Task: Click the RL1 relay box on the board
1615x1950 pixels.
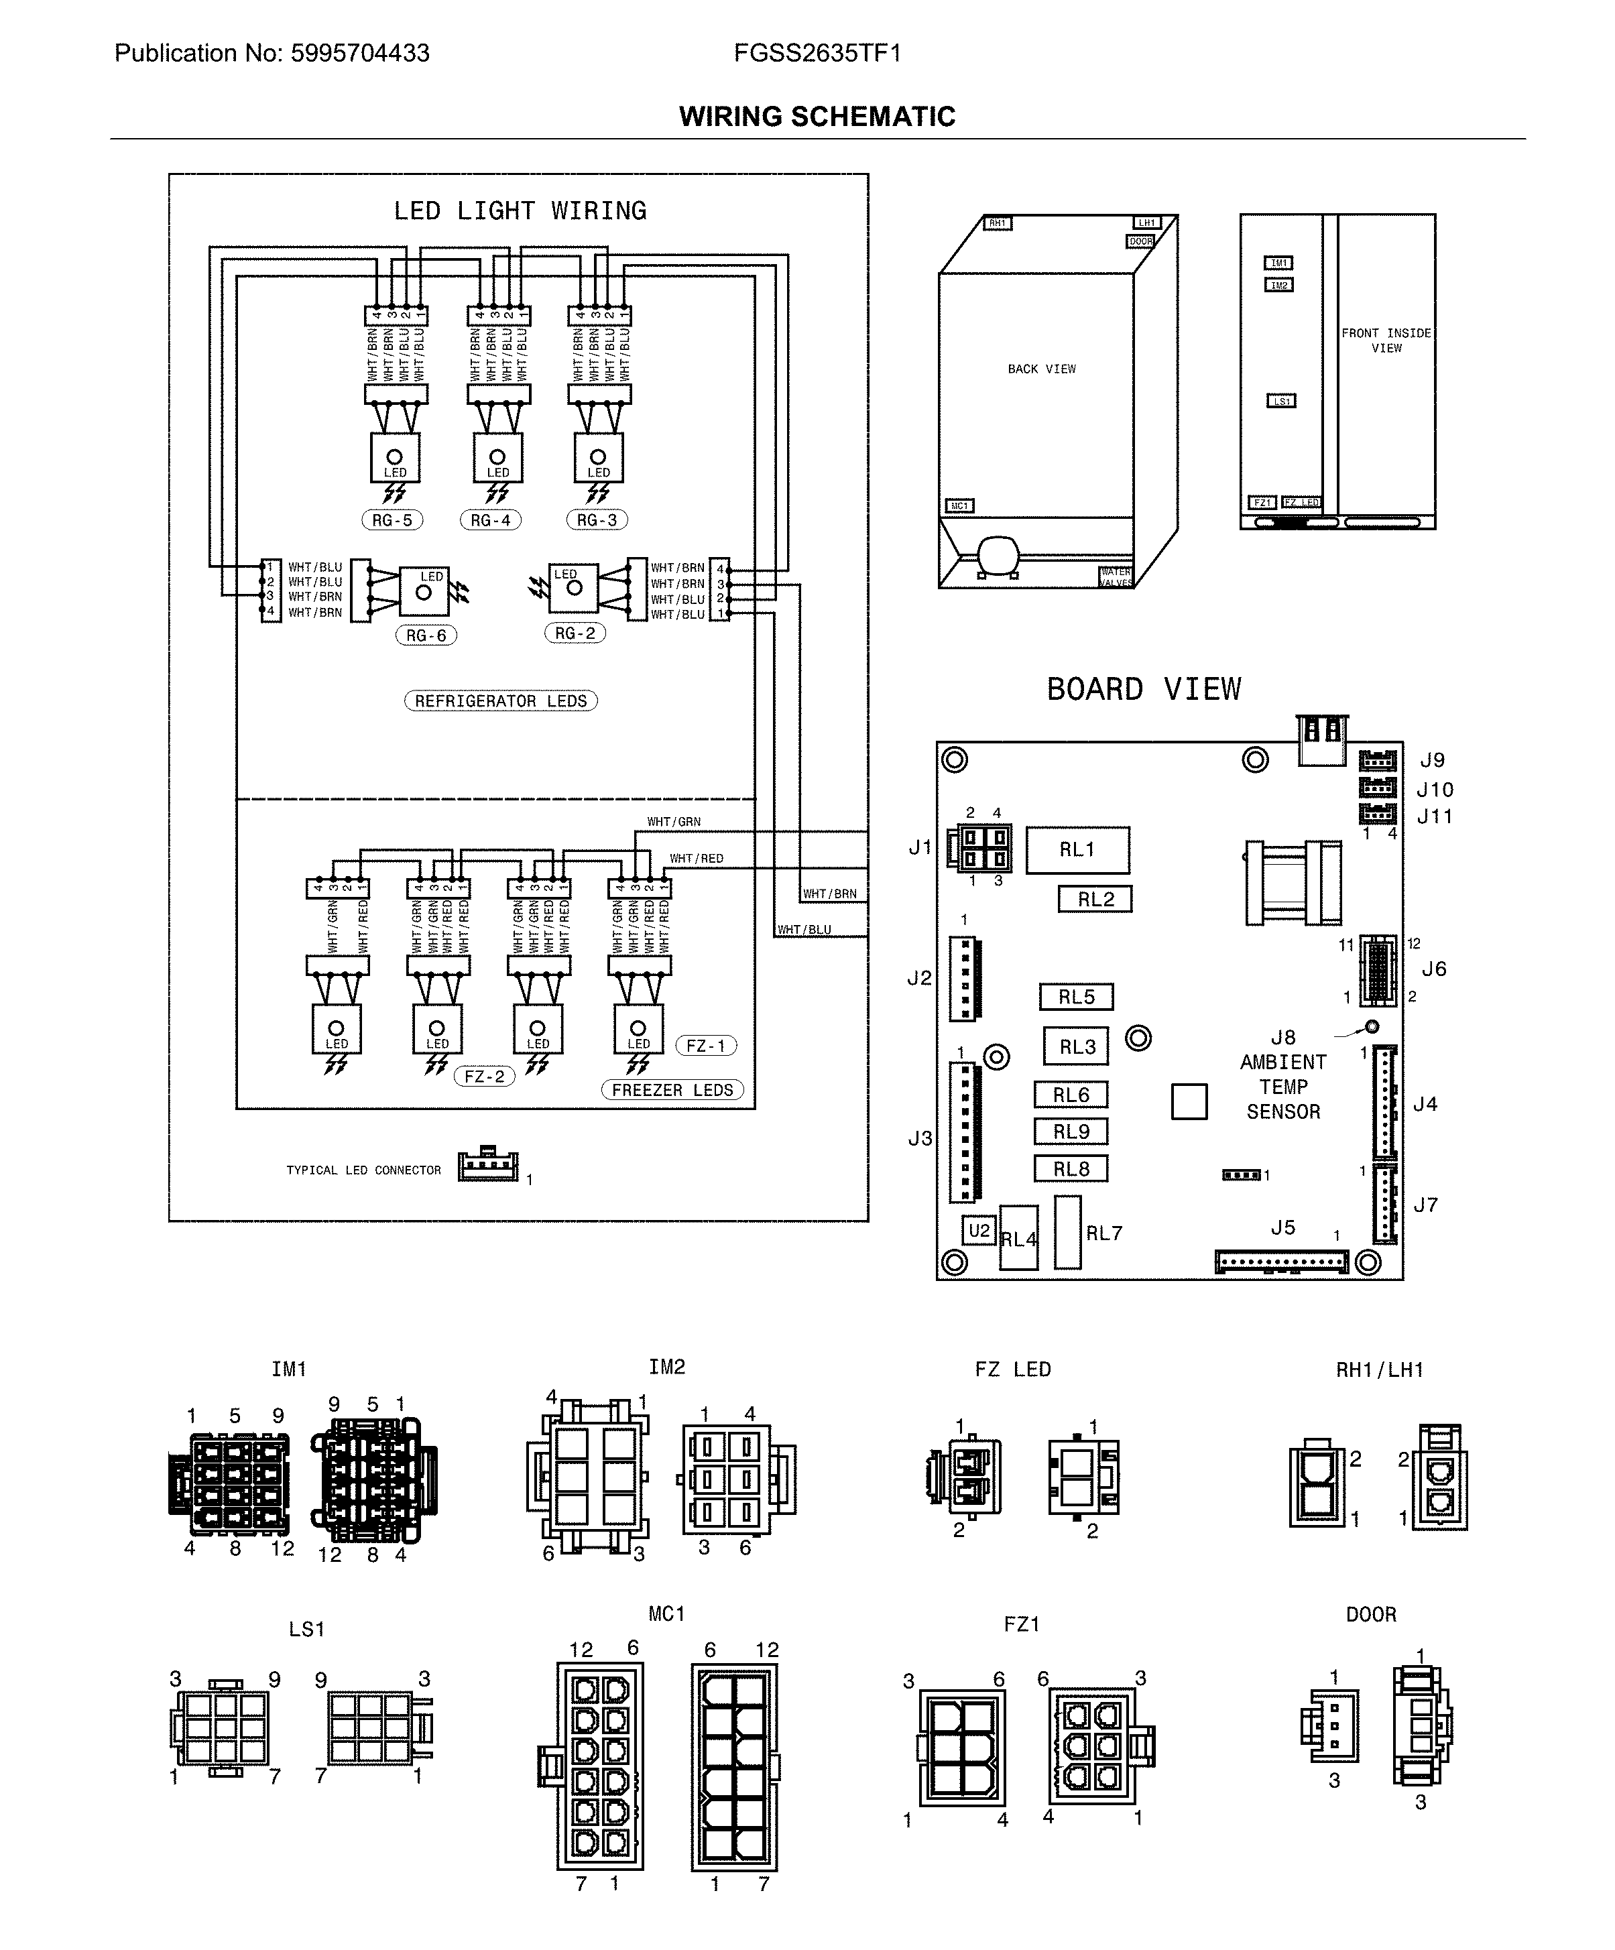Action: [1077, 849]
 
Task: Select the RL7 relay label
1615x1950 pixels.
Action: [1104, 1233]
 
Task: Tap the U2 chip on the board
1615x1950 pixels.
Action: [979, 1230]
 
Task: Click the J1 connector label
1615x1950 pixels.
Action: [919, 847]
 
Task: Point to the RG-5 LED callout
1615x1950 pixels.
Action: [392, 520]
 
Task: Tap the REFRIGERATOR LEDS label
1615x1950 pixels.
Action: [501, 701]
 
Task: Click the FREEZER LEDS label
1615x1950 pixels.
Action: [672, 1090]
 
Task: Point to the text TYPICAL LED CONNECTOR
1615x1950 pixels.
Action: [363, 1170]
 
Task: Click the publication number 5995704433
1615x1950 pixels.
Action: [359, 53]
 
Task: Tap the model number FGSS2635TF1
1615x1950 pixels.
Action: [817, 53]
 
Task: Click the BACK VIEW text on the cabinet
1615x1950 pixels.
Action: [1041, 369]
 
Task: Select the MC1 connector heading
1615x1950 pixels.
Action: [666, 1614]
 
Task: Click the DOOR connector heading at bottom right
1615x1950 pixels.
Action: [1371, 1614]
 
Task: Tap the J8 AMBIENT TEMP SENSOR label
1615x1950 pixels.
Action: [1283, 1075]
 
